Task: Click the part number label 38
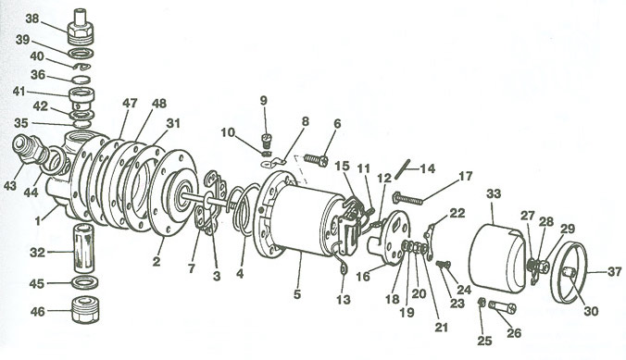click(32, 19)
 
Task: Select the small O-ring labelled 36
click(82, 79)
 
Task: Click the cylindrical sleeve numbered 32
click(83, 248)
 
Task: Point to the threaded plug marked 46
click(85, 310)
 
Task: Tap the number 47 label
click(130, 104)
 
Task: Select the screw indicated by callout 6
click(316, 160)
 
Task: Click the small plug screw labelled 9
click(267, 141)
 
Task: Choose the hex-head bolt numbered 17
click(408, 198)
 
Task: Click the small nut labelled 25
click(482, 303)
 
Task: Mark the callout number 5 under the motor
click(297, 294)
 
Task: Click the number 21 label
click(441, 328)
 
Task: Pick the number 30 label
click(591, 311)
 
